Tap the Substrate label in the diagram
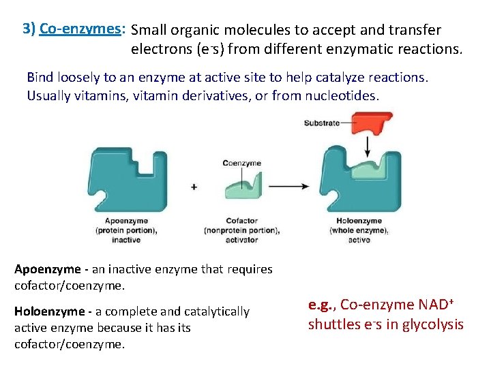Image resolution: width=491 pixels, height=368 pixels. (x=322, y=123)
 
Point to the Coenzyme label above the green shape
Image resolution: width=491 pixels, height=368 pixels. (x=241, y=163)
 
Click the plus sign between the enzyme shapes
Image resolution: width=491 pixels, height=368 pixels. (x=194, y=186)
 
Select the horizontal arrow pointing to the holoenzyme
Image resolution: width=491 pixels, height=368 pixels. (x=293, y=186)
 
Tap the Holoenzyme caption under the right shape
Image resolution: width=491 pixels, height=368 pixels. (x=359, y=221)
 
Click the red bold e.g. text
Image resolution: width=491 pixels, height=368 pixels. (x=321, y=305)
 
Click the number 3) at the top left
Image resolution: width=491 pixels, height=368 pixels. (x=29, y=29)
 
